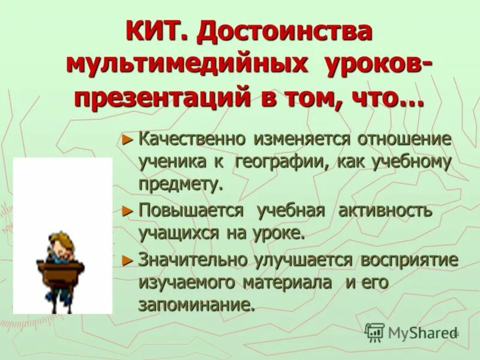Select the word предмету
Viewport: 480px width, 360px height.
point(181,184)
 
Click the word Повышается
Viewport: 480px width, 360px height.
point(191,211)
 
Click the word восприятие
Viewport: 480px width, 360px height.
point(410,260)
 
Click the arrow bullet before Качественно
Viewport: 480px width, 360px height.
point(126,140)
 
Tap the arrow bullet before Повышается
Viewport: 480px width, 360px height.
point(126,211)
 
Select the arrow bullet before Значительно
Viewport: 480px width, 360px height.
point(126,260)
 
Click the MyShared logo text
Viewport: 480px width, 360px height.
point(419,332)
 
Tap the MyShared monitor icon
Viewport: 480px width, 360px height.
point(374,332)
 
